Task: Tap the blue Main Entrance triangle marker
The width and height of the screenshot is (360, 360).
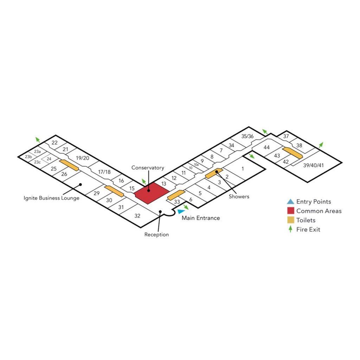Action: (x=181, y=211)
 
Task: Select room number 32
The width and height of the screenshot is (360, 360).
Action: (x=137, y=216)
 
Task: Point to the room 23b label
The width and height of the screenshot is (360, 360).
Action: (x=28, y=156)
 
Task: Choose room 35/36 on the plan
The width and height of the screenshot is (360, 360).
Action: (x=247, y=136)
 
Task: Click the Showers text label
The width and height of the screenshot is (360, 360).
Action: (x=239, y=197)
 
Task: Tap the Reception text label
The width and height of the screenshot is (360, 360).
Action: (x=156, y=234)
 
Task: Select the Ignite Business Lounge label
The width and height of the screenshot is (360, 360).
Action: (x=51, y=198)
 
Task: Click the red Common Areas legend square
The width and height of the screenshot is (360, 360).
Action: (x=290, y=211)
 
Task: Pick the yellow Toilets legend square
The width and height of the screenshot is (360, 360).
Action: (x=290, y=220)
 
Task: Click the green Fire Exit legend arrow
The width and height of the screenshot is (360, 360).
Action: (x=290, y=230)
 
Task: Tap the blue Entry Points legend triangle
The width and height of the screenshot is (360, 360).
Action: (x=290, y=202)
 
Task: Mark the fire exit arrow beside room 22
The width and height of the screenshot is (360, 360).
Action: (x=37, y=140)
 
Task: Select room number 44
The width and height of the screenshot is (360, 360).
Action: (x=266, y=148)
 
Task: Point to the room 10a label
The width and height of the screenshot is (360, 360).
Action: (x=197, y=164)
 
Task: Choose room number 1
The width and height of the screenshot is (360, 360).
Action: (x=243, y=169)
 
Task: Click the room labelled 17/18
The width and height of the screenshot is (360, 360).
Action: (x=104, y=172)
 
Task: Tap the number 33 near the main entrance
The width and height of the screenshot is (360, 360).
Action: (x=177, y=202)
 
